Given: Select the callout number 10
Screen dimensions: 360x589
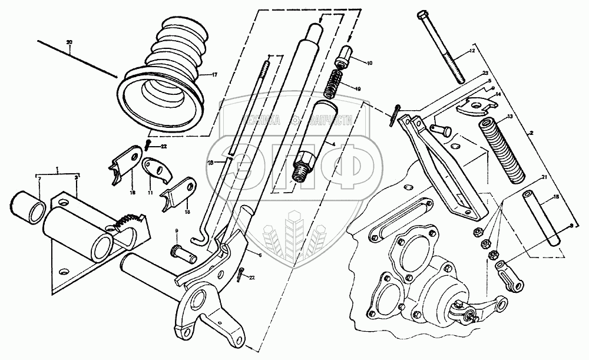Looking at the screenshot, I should point(370,62).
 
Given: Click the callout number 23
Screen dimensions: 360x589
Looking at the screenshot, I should point(485,73).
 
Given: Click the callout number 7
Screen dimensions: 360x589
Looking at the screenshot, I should point(39,177).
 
